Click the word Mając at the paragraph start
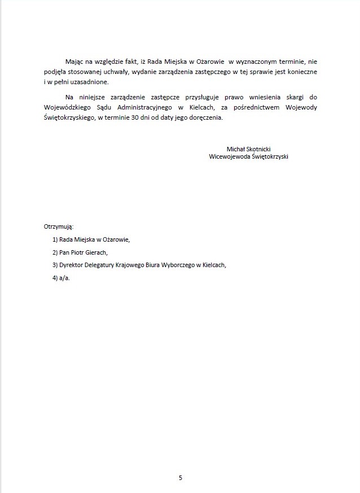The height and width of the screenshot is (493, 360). (74, 60)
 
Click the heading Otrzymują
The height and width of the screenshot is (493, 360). (59, 226)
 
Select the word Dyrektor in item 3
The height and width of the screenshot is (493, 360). (72, 265)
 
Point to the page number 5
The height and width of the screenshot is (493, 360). (180, 478)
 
